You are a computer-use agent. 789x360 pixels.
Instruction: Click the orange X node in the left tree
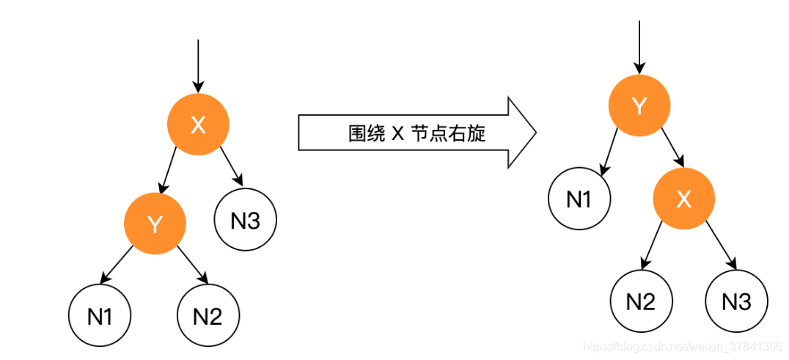(198, 125)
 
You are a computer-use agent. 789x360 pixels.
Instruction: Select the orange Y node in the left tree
(155, 224)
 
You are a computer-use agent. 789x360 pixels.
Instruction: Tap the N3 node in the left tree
(246, 221)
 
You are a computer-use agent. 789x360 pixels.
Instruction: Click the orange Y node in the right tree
(639, 106)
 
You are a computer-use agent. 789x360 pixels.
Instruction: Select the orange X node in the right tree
(684, 199)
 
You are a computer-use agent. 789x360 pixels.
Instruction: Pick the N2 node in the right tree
(641, 301)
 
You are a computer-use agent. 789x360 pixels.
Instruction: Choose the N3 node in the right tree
(736, 301)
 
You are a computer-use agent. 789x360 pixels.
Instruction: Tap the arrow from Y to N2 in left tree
(192, 266)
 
